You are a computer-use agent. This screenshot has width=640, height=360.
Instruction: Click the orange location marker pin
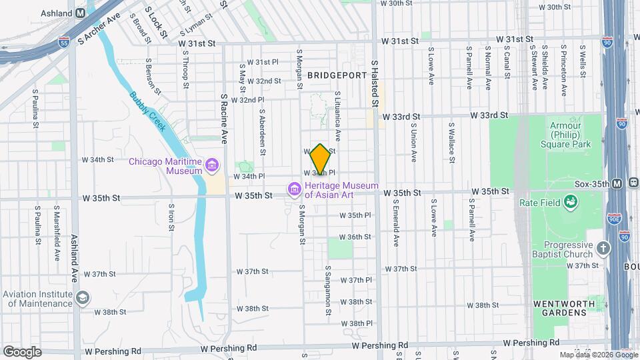tap(320, 159)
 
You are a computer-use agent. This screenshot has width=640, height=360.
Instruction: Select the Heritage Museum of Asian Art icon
tap(294, 190)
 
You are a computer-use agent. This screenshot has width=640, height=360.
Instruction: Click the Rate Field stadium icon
tap(571, 201)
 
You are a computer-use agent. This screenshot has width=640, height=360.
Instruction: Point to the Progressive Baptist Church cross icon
tap(603, 249)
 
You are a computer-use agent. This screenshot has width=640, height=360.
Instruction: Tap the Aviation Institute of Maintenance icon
tap(83, 298)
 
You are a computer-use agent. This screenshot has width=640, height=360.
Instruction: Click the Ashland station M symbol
tap(81, 13)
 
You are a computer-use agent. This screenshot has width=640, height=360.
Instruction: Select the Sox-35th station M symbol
tap(617, 183)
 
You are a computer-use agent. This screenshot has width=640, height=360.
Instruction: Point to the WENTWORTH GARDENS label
tap(560, 309)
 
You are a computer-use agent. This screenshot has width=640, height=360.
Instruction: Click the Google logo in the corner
tap(22, 351)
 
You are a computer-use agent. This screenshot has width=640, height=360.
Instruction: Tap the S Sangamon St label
tap(328, 291)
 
